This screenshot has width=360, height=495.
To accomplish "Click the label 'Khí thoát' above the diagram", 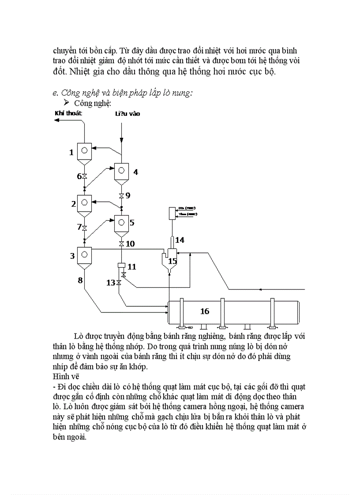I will (68, 113).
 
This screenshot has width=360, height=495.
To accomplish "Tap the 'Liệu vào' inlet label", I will (127, 114).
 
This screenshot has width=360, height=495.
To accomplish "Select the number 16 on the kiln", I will (205, 311).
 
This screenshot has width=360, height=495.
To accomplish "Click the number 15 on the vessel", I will (172, 261).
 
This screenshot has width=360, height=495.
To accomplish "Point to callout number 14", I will (180, 240).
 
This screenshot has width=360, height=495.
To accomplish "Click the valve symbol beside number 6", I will (85, 176).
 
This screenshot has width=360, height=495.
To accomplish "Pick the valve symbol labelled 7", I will (85, 227).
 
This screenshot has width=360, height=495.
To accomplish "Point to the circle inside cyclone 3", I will (84, 254).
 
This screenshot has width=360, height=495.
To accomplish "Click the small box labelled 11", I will (120, 266).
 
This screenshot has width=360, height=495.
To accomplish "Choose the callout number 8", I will (80, 280).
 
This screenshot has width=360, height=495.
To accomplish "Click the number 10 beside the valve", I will (131, 244).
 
